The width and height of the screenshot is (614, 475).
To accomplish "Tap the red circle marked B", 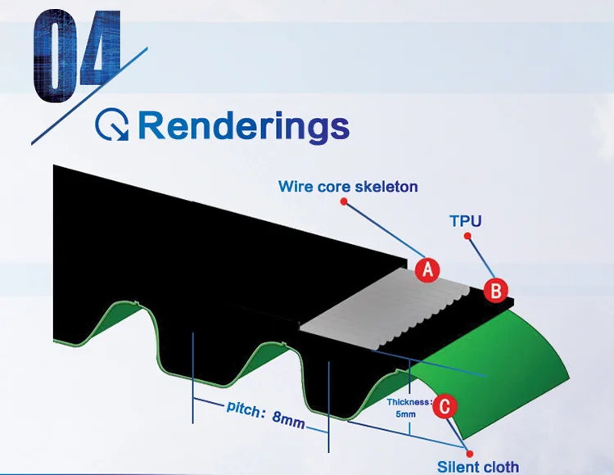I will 496,290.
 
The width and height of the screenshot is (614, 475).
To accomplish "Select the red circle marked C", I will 443,405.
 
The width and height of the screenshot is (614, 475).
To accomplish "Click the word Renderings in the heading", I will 244,126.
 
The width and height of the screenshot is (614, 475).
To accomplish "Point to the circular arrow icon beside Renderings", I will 113,126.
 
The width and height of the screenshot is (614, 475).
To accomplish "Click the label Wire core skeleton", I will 348,187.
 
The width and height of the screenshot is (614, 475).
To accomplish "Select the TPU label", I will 466,220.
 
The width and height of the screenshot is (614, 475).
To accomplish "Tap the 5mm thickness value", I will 405,415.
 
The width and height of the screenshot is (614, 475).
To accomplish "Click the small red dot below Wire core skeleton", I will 345,201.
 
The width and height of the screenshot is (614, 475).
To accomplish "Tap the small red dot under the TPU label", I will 467,236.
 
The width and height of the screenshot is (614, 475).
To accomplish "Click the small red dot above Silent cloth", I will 471,449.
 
